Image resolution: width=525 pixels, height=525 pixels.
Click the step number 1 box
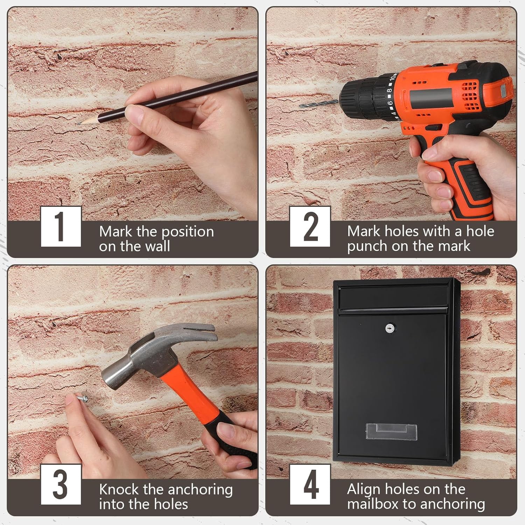[61, 226]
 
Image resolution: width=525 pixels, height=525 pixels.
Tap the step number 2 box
[310, 226]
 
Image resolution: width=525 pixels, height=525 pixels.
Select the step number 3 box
[61, 484]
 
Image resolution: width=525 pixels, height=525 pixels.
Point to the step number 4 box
[310, 484]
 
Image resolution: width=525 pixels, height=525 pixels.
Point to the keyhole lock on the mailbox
[389, 328]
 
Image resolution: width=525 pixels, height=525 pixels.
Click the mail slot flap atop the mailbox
[393, 297]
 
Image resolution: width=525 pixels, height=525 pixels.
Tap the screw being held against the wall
[82, 399]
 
